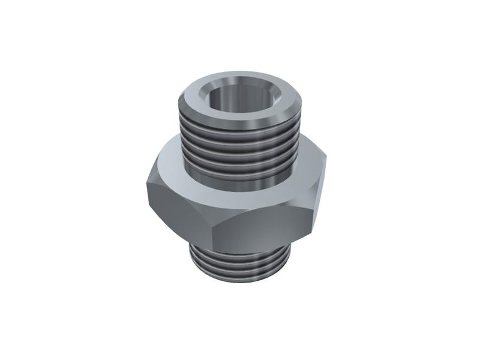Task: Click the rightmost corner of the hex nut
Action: click(326, 157)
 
